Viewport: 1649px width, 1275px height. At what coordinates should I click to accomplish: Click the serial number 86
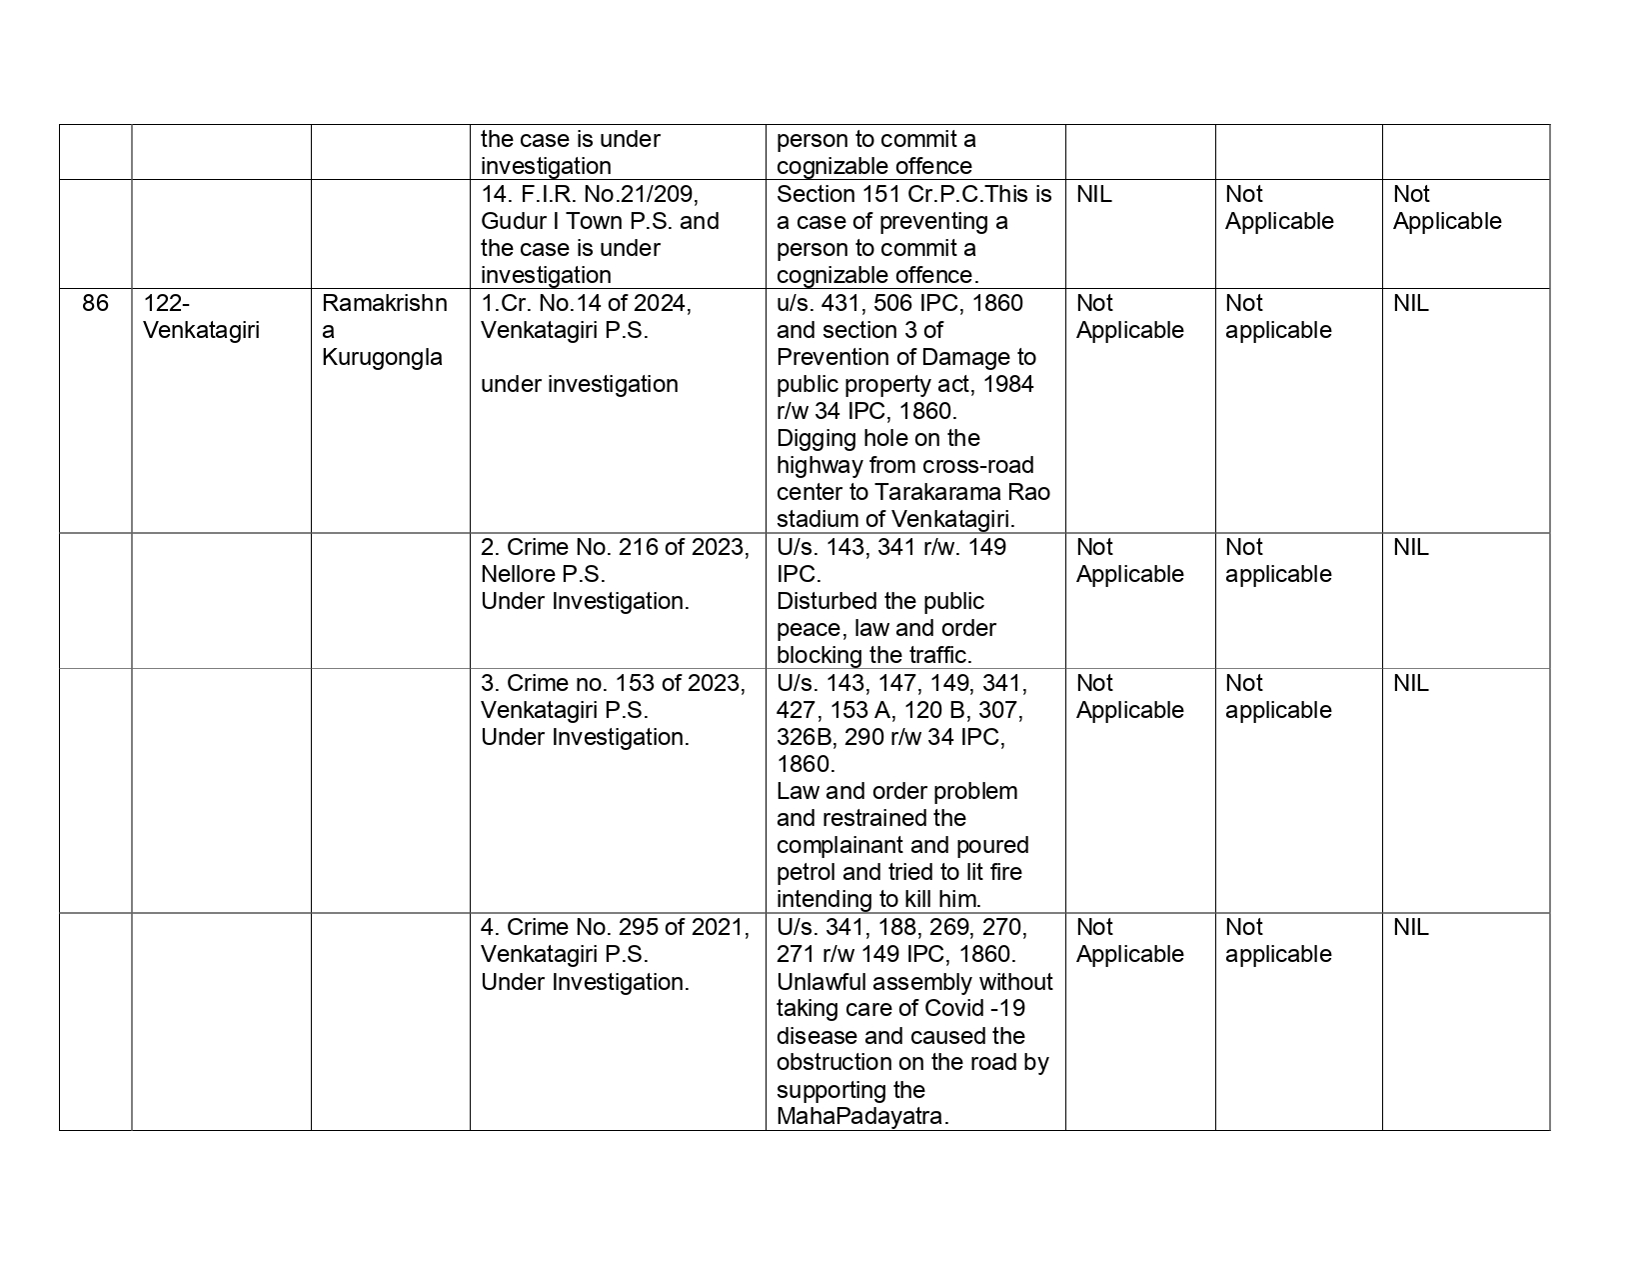coord(95,303)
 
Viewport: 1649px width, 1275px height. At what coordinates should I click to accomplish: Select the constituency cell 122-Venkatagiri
coord(201,317)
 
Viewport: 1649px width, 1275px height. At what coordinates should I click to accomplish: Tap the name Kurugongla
coord(382,357)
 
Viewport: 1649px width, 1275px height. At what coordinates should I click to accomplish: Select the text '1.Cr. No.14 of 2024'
coord(586,303)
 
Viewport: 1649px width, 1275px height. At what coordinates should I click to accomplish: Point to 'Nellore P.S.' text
coord(543,574)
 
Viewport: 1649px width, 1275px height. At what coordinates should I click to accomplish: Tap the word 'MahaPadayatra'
coord(858,1116)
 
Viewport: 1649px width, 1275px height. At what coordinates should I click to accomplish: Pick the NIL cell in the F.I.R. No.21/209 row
coord(1093,194)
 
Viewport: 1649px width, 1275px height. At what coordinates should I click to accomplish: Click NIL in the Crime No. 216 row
coord(1410,547)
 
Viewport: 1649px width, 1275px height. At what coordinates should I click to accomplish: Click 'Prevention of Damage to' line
coord(905,357)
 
